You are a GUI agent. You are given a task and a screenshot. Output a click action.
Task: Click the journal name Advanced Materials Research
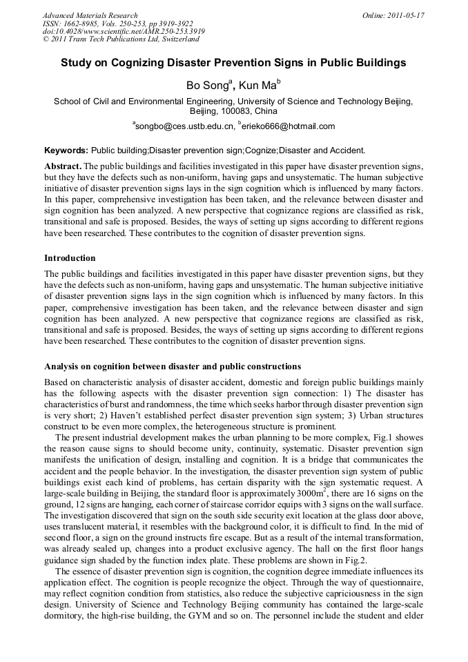(90, 15)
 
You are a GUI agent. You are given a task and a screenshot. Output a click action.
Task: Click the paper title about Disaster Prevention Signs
(233, 63)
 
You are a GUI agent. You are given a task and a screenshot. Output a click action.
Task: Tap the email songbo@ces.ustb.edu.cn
(184, 126)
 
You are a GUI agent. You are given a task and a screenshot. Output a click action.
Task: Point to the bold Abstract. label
(63, 168)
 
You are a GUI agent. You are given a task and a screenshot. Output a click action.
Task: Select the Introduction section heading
(70, 258)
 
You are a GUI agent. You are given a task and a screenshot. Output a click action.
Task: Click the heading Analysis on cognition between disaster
(172, 366)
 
